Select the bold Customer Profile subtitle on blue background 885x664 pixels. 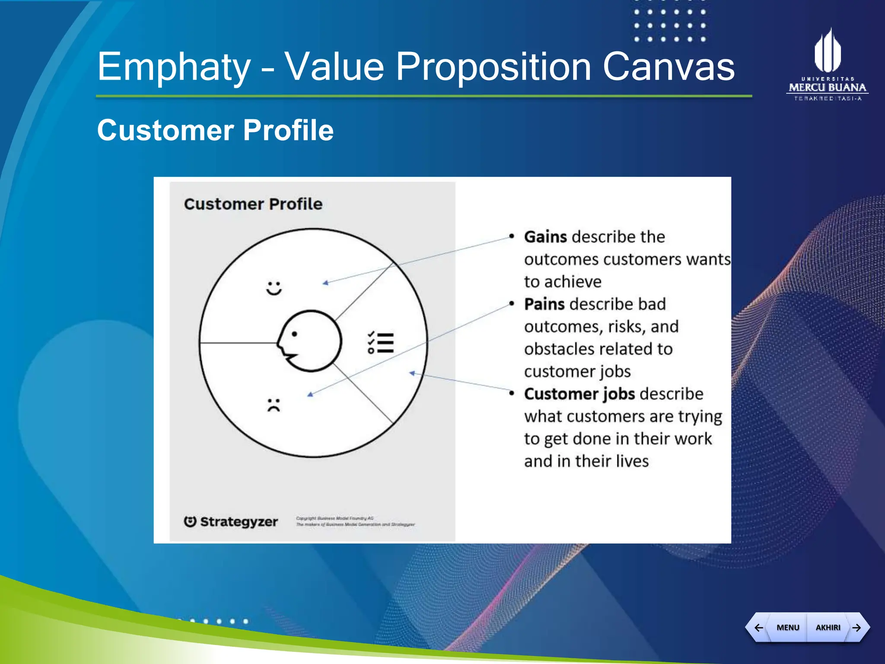215,130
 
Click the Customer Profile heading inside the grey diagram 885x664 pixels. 253,204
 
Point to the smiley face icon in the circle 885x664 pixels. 274,288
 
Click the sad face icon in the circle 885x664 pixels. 274,405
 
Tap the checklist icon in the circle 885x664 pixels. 381,343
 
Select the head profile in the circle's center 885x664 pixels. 309,341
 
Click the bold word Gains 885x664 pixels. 545,237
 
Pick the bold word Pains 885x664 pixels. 544,304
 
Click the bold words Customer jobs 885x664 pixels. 579,394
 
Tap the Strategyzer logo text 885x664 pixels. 239,522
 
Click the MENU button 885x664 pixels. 787,627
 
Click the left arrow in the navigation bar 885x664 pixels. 758,627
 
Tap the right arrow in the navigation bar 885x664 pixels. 857,627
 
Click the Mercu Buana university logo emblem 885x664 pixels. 827,51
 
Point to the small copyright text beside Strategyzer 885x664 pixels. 355,521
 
